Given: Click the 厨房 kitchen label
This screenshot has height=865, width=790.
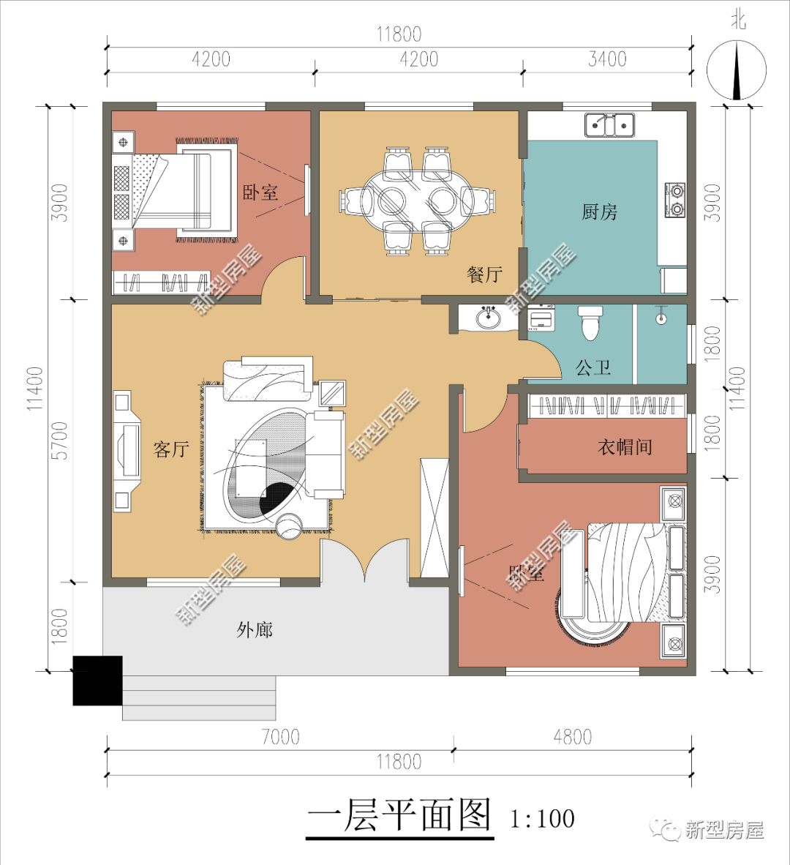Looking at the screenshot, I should coord(599,212).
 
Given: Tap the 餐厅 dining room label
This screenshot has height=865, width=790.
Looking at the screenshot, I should coord(484,274).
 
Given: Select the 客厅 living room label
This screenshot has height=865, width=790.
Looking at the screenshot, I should coord(171,449).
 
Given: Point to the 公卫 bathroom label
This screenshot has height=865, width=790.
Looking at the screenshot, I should coord(593,367).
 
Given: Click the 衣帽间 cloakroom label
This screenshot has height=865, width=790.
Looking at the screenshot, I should coord(625,446).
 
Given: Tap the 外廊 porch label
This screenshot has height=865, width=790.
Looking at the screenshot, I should coord(255,629).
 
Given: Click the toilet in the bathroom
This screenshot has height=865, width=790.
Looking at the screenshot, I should coord(590,322).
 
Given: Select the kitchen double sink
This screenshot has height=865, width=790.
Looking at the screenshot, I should coord(609,125).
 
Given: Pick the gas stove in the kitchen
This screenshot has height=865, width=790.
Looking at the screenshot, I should coord(674,201).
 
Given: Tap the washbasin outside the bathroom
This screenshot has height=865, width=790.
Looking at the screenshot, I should coord(488,318).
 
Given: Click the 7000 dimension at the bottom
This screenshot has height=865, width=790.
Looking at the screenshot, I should coord(280,737).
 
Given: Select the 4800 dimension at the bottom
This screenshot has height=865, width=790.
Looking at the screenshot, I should coord(572,737).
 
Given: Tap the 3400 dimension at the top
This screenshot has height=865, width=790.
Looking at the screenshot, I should coord(607,59).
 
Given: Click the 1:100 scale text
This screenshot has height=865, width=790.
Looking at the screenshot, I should coord(542,817).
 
